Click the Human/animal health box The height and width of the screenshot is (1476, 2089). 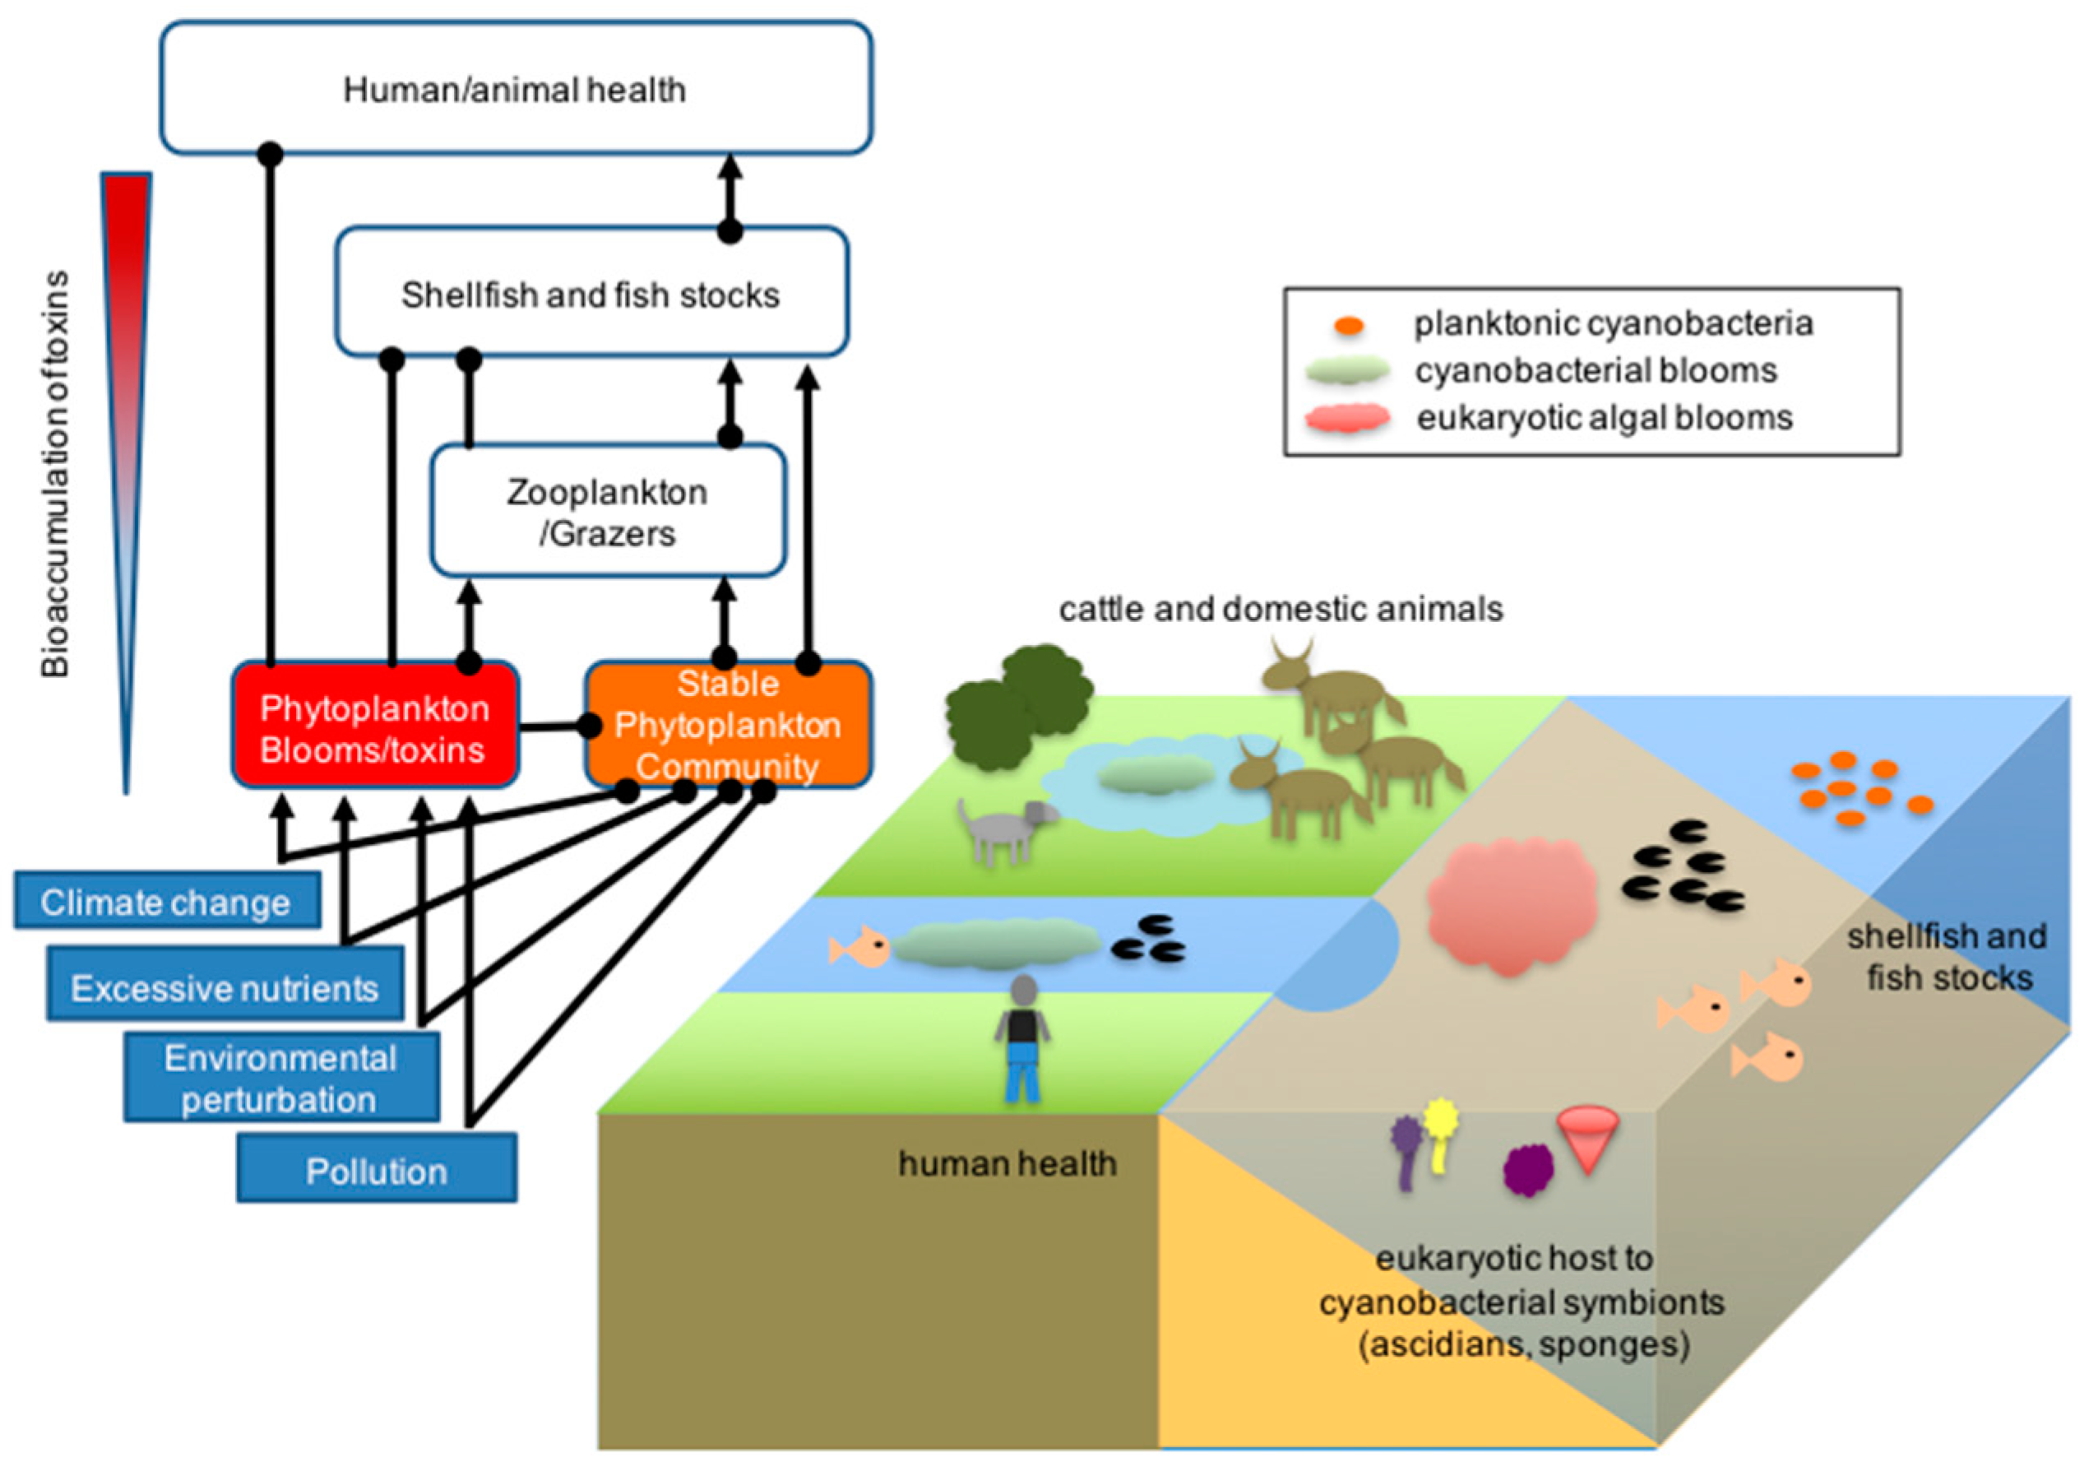[x=516, y=88]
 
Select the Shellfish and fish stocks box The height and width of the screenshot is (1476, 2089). [x=591, y=292]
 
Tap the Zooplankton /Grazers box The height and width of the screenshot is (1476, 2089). [x=608, y=510]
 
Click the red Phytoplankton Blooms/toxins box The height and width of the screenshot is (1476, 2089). [x=375, y=726]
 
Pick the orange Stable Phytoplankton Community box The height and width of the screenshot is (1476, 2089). [x=728, y=726]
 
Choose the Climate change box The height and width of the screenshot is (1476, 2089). [x=166, y=901]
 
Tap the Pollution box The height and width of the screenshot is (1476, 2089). [x=377, y=1167]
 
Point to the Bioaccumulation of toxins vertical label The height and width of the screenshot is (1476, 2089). [x=55, y=473]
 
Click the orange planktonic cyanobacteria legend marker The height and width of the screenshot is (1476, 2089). [x=1348, y=325]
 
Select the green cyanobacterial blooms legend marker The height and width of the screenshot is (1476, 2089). [x=1347, y=370]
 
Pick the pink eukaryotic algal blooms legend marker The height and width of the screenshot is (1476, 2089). [x=1347, y=419]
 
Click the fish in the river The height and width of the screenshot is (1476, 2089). [x=859, y=946]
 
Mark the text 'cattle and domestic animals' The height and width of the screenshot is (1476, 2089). [x=1281, y=609]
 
